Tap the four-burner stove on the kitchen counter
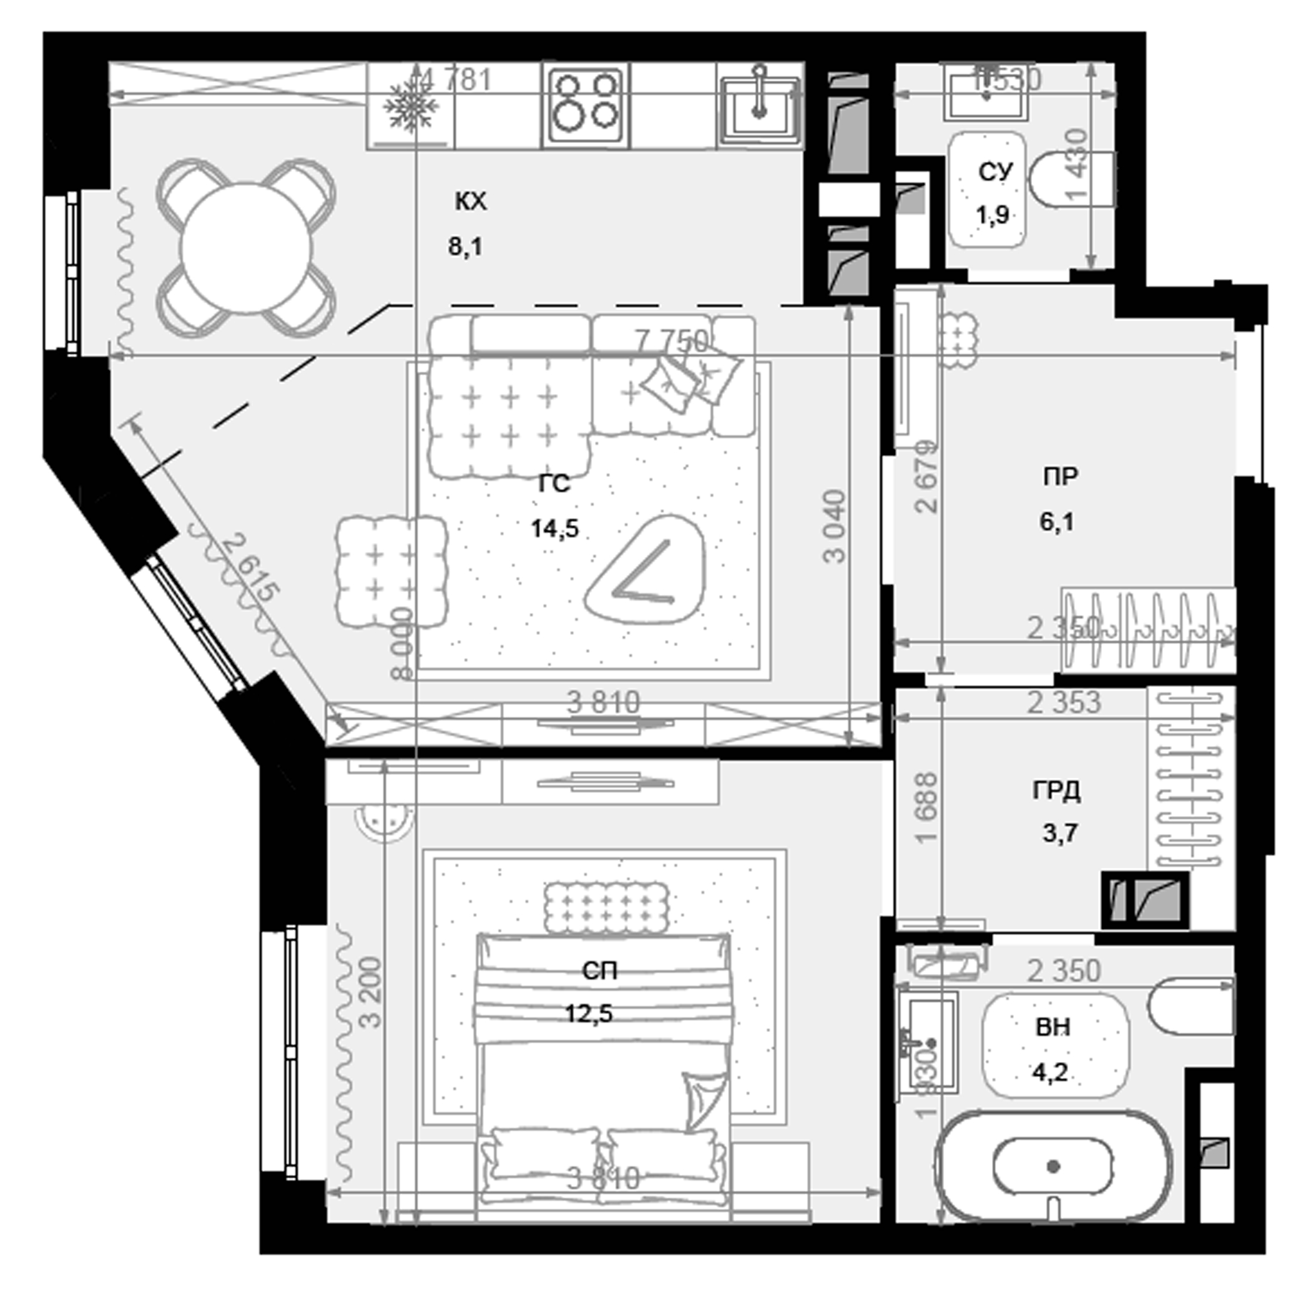(x=586, y=107)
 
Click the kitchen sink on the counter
(x=759, y=107)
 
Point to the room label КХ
(x=471, y=202)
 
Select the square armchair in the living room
(x=391, y=571)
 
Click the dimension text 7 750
(x=672, y=340)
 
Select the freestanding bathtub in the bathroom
(x=1053, y=1166)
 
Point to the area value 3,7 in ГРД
(x=1060, y=832)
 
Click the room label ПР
(x=1061, y=476)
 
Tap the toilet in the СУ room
(x=1071, y=179)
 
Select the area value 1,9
(x=992, y=215)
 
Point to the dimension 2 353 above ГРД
(x=1063, y=703)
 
